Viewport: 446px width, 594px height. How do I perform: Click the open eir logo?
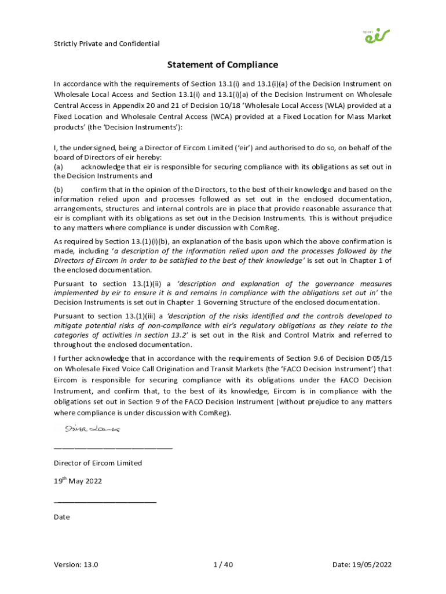[x=376, y=36]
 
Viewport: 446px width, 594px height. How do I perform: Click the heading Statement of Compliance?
[x=223, y=65]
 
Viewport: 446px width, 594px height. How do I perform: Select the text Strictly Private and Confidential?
[x=107, y=44]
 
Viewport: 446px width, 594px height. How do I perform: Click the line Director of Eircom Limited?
[x=98, y=463]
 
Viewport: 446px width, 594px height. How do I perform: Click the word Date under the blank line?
[x=61, y=517]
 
